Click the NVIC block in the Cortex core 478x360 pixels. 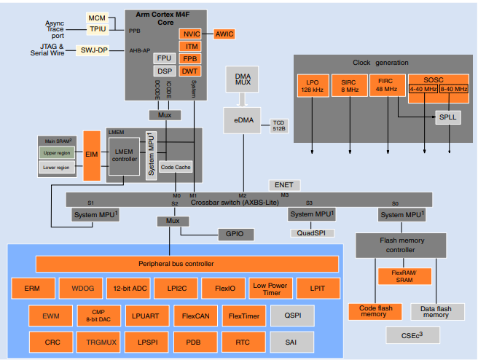click(x=192, y=34)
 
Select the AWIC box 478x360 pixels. click(x=224, y=34)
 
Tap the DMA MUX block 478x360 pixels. click(x=242, y=80)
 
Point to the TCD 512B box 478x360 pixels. click(x=279, y=126)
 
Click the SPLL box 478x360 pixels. click(x=445, y=117)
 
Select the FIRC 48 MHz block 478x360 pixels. click(x=386, y=85)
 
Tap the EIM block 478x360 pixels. click(x=91, y=154)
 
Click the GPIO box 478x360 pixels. click(x=234, y=234)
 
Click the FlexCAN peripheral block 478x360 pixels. click(x=197, y=316)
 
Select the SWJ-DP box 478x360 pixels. click(x=93, y=50)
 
